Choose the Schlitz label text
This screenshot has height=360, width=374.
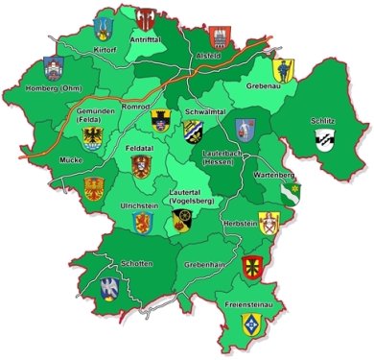point(323,120)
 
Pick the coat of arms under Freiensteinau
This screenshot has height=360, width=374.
point(250,323)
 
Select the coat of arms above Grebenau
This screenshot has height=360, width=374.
point(283,69)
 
